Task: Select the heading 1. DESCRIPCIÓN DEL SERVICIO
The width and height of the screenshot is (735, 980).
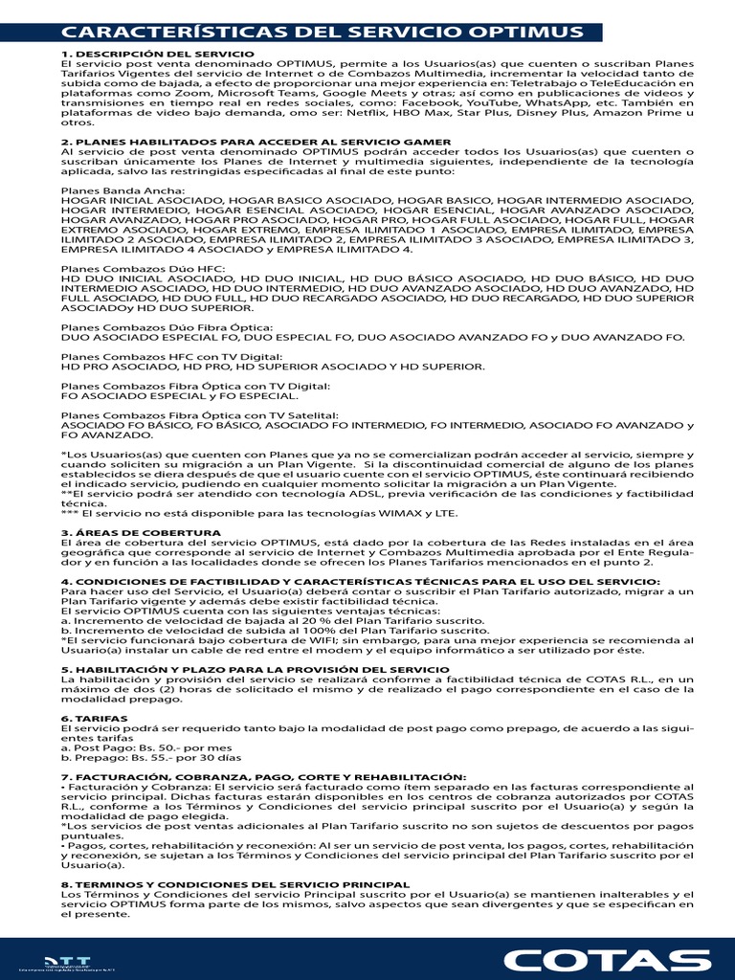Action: point(158,54)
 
